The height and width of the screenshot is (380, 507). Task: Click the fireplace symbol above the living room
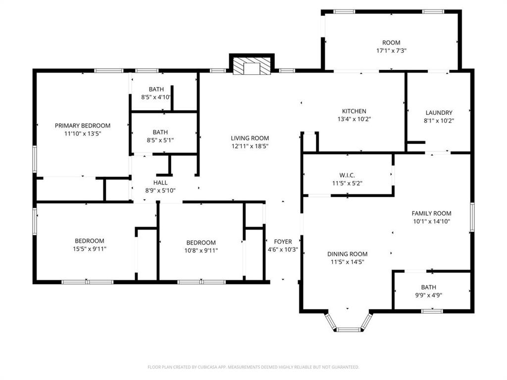[252, 66]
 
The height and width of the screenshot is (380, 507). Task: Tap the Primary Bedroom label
[83, 126]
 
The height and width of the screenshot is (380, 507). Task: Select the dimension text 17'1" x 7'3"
[391, 50]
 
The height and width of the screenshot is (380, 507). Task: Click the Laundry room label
[438, 113]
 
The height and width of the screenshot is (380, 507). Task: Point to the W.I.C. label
[347, 175]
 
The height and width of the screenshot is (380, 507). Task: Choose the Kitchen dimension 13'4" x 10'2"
[354, 119]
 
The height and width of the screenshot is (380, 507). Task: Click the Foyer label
[283, 241]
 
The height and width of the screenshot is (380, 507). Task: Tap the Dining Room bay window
[349, 328]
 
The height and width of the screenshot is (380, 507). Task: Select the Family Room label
[431, 213]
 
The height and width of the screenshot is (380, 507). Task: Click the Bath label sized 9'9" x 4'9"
[429, 287]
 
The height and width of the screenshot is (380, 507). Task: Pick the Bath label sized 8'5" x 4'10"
[156, 89]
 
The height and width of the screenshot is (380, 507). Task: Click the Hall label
[160, 183]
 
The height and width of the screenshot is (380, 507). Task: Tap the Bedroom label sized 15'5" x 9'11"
[90, 241]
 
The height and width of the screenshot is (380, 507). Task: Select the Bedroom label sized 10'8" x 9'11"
[201, 242]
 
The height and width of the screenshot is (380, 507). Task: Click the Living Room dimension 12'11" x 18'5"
[250, 146]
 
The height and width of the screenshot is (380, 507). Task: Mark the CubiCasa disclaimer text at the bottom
[253, 367]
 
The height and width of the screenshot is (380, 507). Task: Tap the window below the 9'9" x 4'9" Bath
[431, 311]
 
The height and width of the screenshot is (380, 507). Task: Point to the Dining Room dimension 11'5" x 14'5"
[347, 262]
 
